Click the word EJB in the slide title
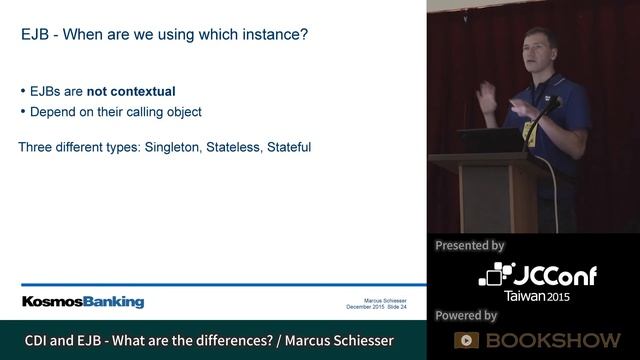pos(35,35)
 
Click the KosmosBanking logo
pos(83,302)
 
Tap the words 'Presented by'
pos(470,245)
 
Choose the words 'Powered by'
pos(466,315)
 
